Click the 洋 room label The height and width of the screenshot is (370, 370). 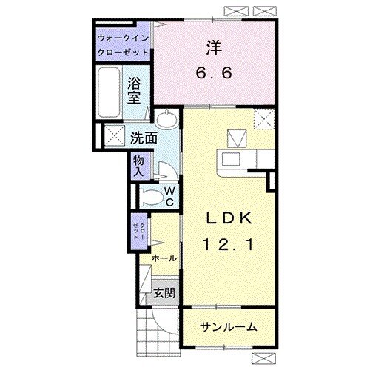[214, 47]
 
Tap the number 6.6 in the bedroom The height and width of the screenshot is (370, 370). [214, 73]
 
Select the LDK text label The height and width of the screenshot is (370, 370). [229, 218]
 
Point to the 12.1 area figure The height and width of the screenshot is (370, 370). [228, 245]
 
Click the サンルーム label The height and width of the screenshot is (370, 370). [229, 327]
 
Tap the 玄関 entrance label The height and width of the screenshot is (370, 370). [164, 293]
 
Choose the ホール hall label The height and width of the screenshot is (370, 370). [164, 258]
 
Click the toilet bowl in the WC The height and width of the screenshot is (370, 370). [151, 197]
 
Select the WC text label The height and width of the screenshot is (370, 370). [169, 197]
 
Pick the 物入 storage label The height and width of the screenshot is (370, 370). [138, 166]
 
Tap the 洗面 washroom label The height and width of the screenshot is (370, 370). [144, 138]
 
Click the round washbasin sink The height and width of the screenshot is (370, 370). [167, 118]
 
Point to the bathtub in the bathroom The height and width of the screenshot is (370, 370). [109, 92]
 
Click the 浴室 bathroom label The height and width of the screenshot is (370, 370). [134, 90]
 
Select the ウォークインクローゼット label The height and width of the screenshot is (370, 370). [123, 45]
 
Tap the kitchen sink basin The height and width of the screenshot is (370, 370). [231, 159]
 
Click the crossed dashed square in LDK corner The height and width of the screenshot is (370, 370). [264, 119]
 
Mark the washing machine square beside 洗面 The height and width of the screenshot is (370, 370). [115, 135]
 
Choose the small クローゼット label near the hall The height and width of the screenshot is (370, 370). [139, 231]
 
